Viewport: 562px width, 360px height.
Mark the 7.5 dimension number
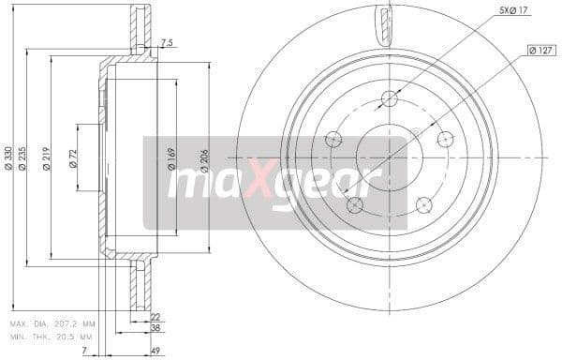[x=168, y=42]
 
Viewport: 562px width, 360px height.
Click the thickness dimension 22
[x=155, y=318]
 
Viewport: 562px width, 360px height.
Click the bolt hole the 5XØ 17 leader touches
[x=391, y=98]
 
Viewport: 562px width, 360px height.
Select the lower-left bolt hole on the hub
[x=355, y=204]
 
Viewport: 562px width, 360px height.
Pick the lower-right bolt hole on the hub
[x=423, y=204]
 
